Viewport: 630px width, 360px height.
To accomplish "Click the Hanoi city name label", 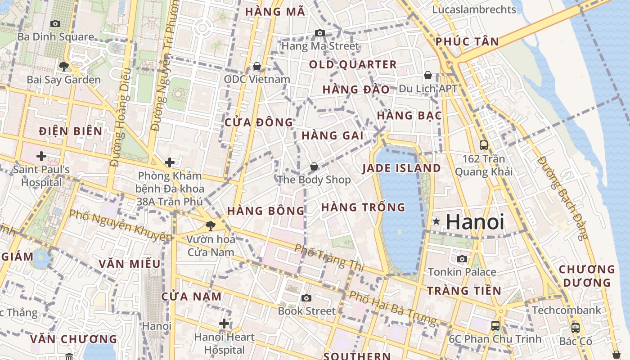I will click(x=475, y=222).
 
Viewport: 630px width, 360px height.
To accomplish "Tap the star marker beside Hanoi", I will click(x=436, y=221).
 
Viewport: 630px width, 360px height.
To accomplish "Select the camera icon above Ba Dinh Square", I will click(x=55, y=23).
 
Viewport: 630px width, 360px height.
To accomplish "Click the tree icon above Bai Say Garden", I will click(x=63, y=67).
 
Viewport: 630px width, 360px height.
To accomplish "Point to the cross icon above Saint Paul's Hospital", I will click(x=41, y=156).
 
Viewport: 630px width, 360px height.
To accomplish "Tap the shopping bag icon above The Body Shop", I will click(x=314, y=166).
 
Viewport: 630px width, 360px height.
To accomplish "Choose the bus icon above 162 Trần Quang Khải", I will click(x=484, y=145).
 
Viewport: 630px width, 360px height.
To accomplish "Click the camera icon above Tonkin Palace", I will click(x=462, y=259).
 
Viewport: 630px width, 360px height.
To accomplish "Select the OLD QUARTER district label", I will click(x=353, y=65).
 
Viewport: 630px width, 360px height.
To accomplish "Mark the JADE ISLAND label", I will click(x=401, y=168).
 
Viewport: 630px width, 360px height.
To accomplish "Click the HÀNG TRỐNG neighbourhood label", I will click(x=363, y=207).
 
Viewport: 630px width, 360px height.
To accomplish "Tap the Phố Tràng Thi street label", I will click(x=329, y=257).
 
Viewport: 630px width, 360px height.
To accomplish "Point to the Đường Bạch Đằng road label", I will click(x=563, y=198).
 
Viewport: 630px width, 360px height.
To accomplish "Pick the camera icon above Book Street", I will click(x=306, y=298).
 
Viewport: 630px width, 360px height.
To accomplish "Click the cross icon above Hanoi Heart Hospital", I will click(x=224, y=324).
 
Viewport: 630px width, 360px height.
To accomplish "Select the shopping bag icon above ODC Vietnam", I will click(x=257, y=67).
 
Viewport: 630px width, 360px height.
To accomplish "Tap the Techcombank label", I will click(x=566, y=310).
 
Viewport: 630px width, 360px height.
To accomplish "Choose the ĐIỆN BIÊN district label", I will click(x=71, y=131).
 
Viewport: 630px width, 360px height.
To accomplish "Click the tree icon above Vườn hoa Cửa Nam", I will click(x=210, y=225).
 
